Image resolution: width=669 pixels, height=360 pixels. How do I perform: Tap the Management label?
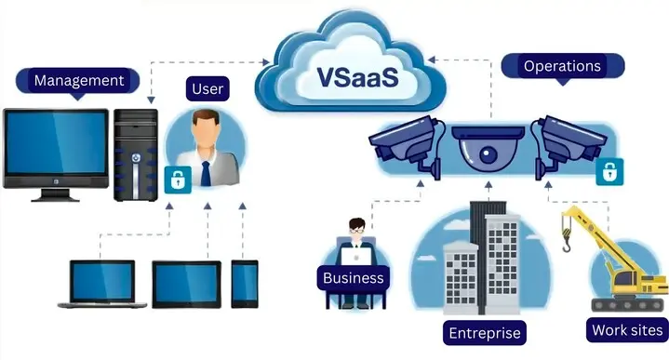click(79, 80)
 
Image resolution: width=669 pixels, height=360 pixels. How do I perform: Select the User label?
click(207, 90)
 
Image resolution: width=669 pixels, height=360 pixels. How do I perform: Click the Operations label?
click(562, 66)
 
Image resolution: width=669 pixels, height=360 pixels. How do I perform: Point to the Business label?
click(353, 277)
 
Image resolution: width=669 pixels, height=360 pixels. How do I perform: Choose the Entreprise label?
click(485, 333)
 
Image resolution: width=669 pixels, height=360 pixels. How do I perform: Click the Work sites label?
click(627, 329)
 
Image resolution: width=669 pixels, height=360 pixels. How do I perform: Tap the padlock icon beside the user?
click(174, 180)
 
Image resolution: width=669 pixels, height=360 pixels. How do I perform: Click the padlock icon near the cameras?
click(609, 171)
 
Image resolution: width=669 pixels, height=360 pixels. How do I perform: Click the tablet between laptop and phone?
click(186, 284)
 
